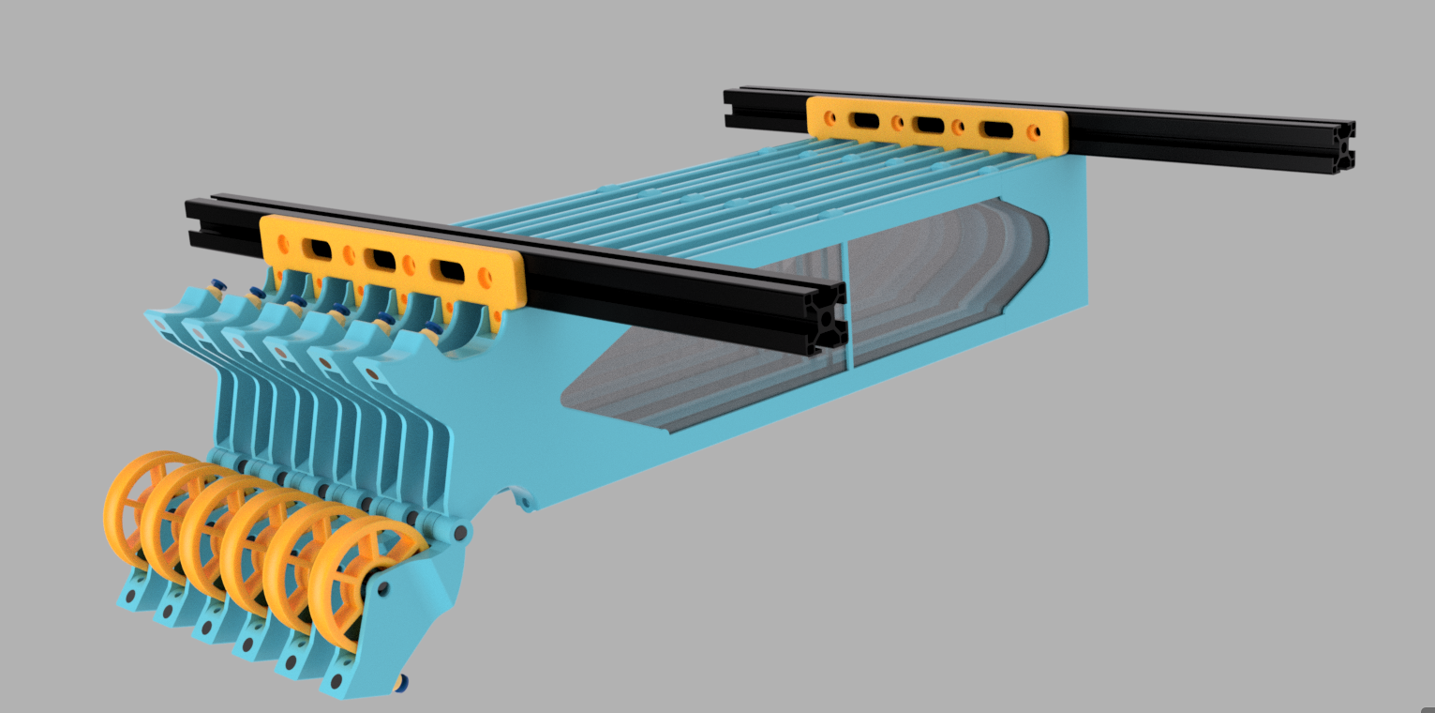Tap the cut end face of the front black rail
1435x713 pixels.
829,323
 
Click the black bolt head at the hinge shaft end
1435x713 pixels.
461,533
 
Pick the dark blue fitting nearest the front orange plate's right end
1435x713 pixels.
432,328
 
